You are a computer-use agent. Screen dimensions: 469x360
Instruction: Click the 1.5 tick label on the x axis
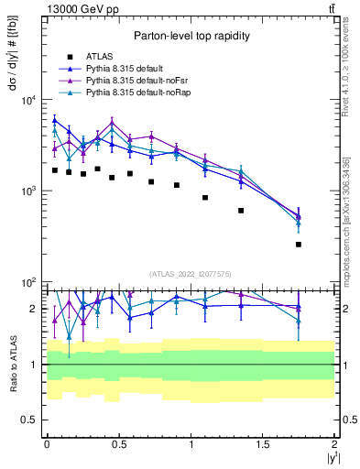263,443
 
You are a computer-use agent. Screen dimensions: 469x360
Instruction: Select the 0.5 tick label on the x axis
118,443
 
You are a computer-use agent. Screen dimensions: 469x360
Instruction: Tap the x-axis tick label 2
335,443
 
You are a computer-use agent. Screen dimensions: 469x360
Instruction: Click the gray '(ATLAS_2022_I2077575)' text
189,274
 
